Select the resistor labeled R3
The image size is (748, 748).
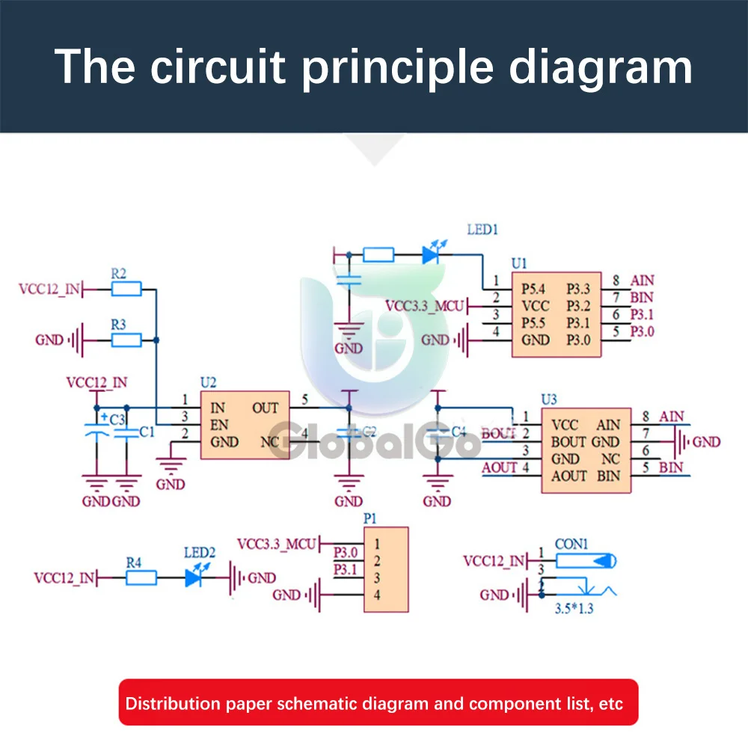[126, 340]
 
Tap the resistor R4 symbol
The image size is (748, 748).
[141, 577]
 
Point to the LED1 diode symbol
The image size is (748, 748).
[430, 255]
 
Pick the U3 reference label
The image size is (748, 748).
[550, 399]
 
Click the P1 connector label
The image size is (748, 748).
[370, 518]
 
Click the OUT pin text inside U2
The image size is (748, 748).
[265, 408]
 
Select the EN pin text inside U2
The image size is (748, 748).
[218, 424]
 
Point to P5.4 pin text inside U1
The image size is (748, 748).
[535, 289]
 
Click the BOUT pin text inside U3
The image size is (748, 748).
[568, 441]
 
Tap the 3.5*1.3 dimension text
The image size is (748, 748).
[573, 610]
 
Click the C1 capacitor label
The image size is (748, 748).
[147, 432]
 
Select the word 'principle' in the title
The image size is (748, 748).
[397, 67]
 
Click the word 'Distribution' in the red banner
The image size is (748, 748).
[173, 703]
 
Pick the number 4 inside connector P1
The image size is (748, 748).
[378, 595]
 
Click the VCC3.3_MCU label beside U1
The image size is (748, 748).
[425, 305]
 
